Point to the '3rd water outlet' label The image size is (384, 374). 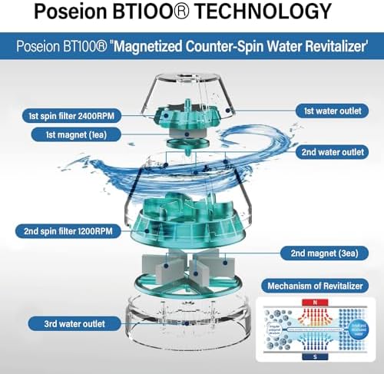[x=48, y=323]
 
